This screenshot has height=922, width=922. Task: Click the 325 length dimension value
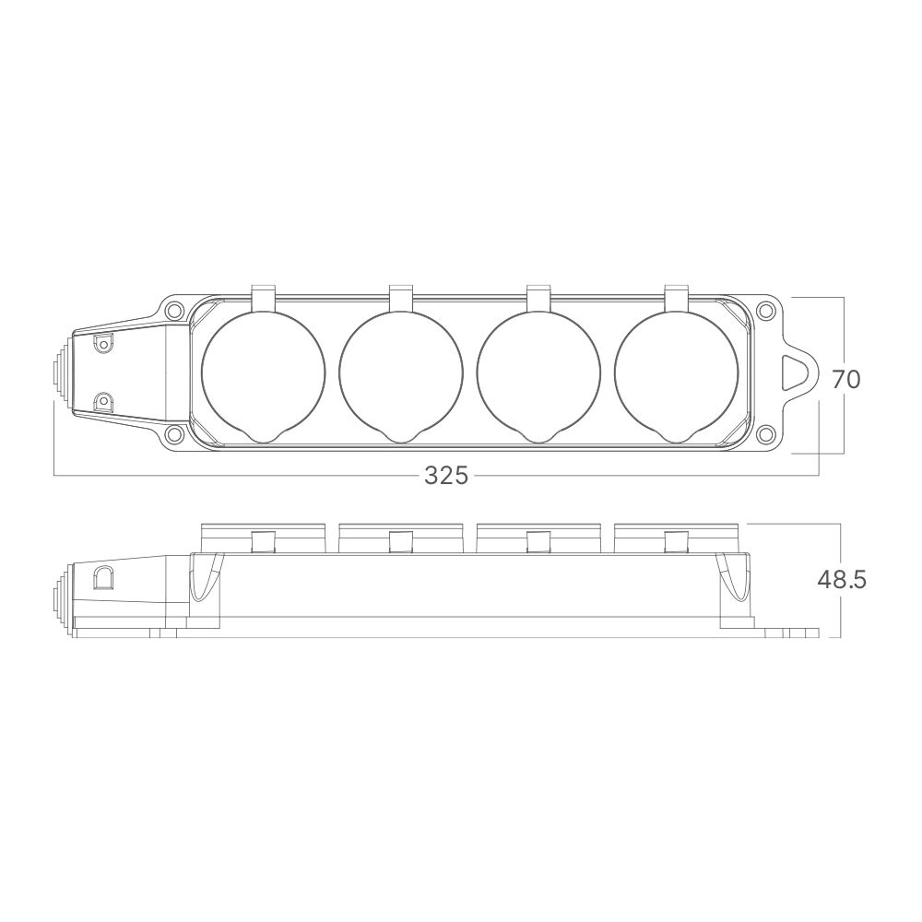click(446, 475)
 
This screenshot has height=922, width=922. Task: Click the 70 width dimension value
click(845, 378)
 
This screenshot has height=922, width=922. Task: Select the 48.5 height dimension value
click(841, 579)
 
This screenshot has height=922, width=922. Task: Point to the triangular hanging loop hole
click(796, 373)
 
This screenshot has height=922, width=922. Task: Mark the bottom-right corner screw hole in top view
click(764, 434)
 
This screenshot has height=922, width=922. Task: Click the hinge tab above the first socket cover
click(264, 297)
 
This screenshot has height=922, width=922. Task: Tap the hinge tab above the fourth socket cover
click(677, 297)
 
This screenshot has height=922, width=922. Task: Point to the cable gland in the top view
click(60, 373)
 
